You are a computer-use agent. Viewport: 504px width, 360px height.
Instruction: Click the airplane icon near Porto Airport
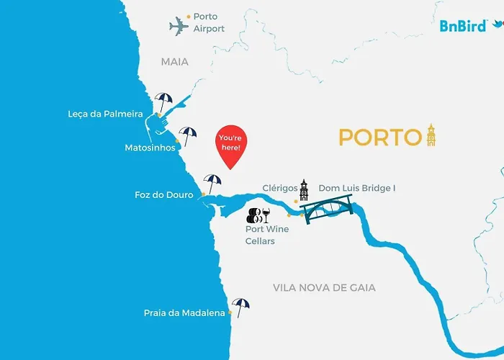click(x=179, y=27)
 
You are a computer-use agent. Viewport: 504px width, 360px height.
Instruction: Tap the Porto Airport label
click(x=208, y=22)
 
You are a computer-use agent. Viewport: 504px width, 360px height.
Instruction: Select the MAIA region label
click(x=174, y=62)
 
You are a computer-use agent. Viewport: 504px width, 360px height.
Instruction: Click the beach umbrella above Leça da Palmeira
click(x=164, y=101)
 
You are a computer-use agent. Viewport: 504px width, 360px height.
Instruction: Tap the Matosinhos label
click(x=150, y=148)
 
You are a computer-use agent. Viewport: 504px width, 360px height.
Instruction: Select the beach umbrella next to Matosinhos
click(x=188, y=135)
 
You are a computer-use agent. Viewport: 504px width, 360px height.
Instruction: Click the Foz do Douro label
click(x=164, y=194)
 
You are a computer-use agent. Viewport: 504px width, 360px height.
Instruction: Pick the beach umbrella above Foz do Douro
click(x=212, y=183)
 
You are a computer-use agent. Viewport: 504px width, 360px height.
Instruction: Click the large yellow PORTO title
click(x=379, y=137)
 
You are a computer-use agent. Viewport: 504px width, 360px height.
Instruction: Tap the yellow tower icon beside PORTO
click(x=431, y=134)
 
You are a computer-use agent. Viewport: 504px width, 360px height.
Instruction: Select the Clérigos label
click(x=280, y=188)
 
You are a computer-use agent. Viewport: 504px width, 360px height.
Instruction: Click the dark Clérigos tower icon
click(x=304, y=190)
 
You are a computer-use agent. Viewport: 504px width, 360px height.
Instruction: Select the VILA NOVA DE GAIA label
click(x=324, y=287)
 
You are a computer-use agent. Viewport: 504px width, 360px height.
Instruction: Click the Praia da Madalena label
click(x=184, y=312)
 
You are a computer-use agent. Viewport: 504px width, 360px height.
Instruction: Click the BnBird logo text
click(x=462, y=26)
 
